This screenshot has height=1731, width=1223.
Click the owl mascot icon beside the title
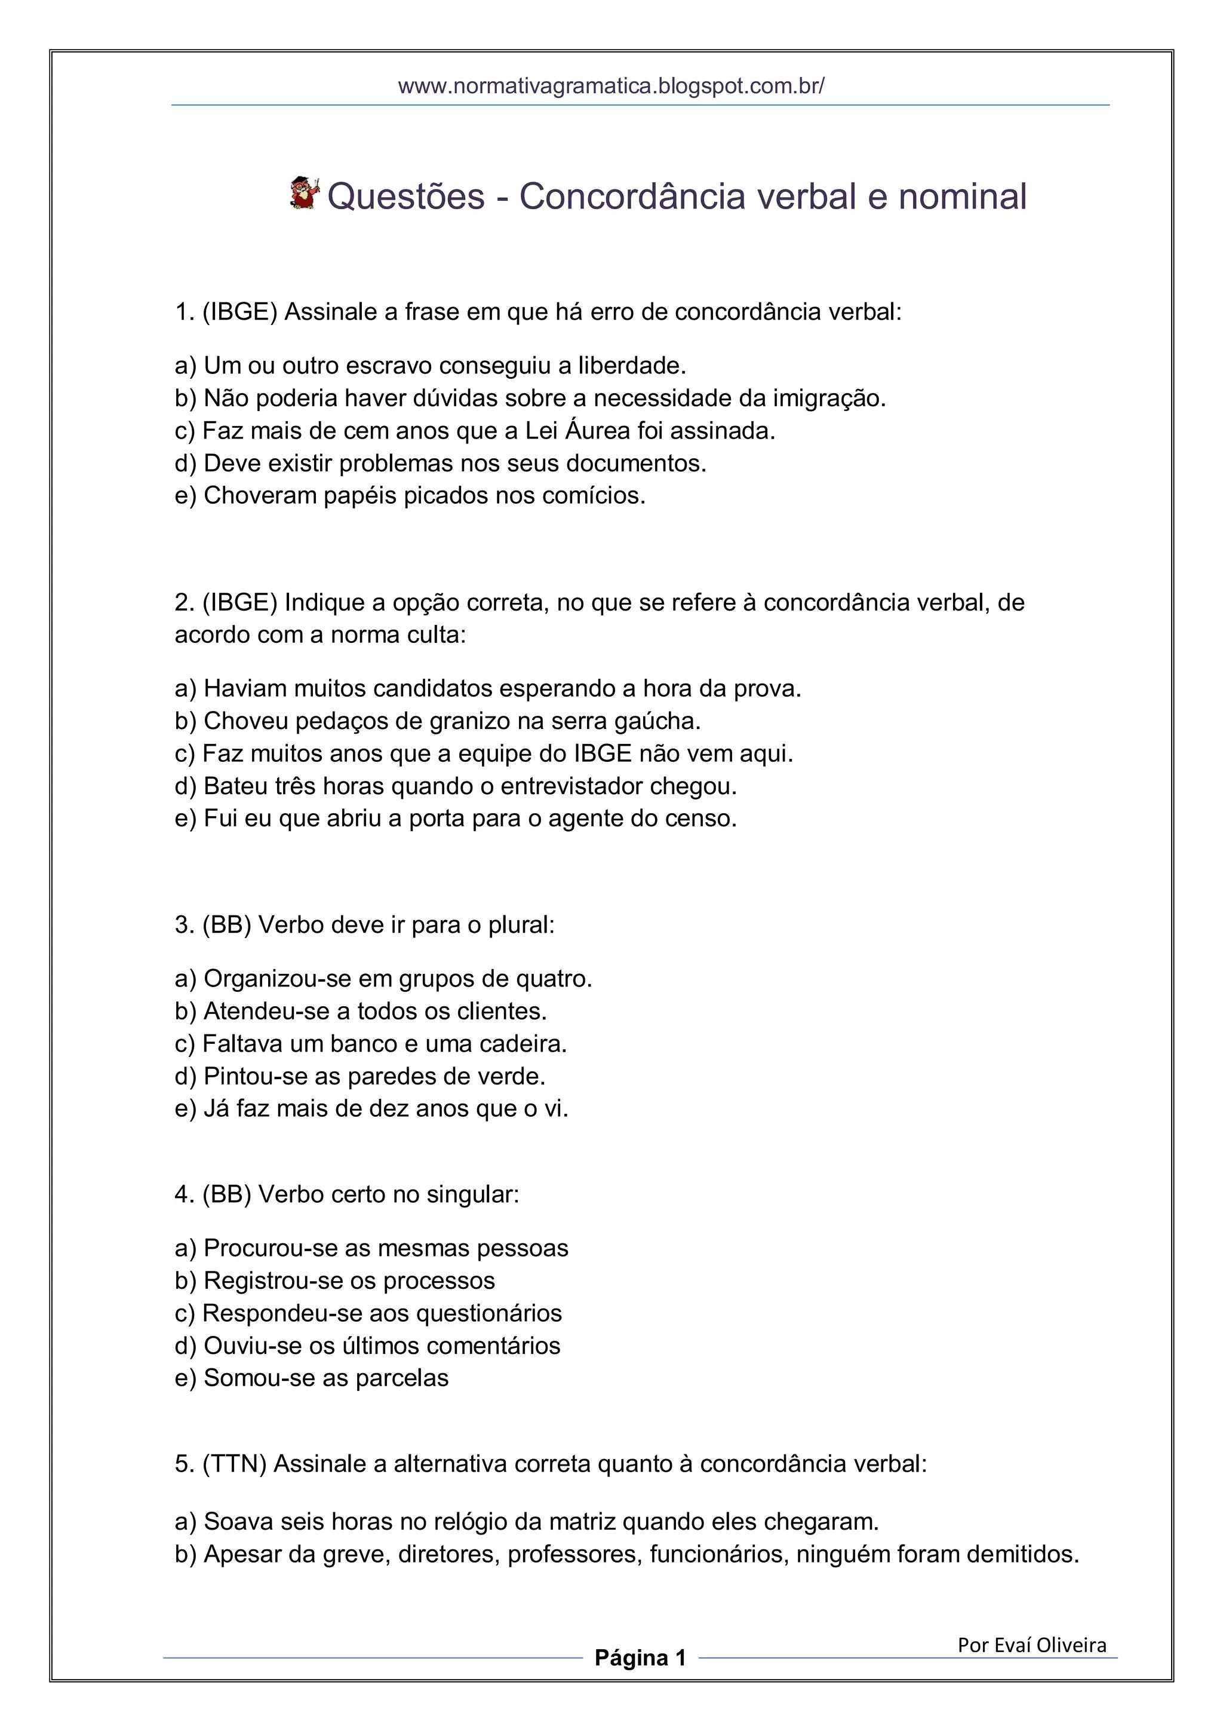click(305, 193)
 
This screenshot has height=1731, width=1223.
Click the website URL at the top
click(611, 86)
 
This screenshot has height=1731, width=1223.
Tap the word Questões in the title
click(406, 197)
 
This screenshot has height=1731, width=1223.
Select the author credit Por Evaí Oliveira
click(1031, 1644)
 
